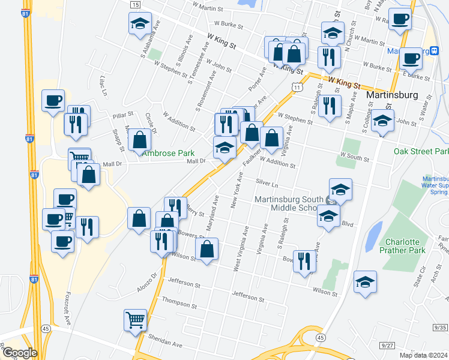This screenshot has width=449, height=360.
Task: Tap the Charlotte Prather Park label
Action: coord(402,245)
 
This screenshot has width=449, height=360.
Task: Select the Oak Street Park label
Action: coord(421,151)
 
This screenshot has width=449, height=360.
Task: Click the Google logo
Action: coord(19,352)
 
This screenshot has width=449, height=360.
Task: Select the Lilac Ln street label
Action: coord(103,86)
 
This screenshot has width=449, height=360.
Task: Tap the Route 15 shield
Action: coord(135,5)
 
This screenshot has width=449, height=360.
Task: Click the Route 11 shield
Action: coord(297,88)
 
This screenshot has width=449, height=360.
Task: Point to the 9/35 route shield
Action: coord(439,327)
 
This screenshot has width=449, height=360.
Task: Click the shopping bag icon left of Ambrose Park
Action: coord(140,140)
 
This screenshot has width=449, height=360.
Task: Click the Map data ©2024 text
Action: coord(423,355)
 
